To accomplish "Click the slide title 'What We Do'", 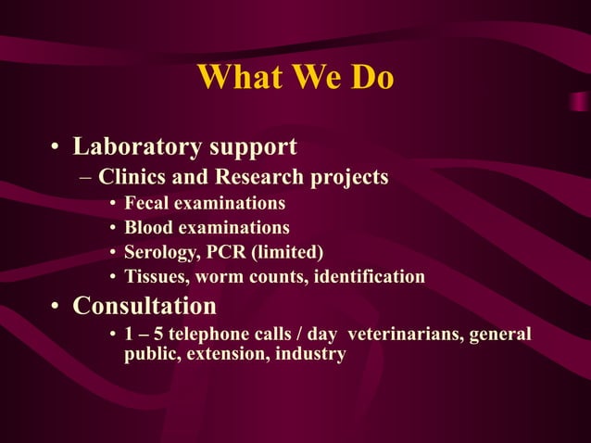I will pyautogui.click(x=295, y=78).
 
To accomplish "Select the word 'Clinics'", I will pyautogui.click(x=132, y=176).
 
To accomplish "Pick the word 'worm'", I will pyautogui.click(x=223, y=277).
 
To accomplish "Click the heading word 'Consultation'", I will pyautogui.click(x=145, y=306).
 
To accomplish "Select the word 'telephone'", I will pyautogui.click(x=207, y=335).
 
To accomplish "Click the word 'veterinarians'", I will pyautogui.click(x=404, y=335).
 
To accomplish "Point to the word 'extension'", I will pyautogui.click(x=227, y=354).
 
